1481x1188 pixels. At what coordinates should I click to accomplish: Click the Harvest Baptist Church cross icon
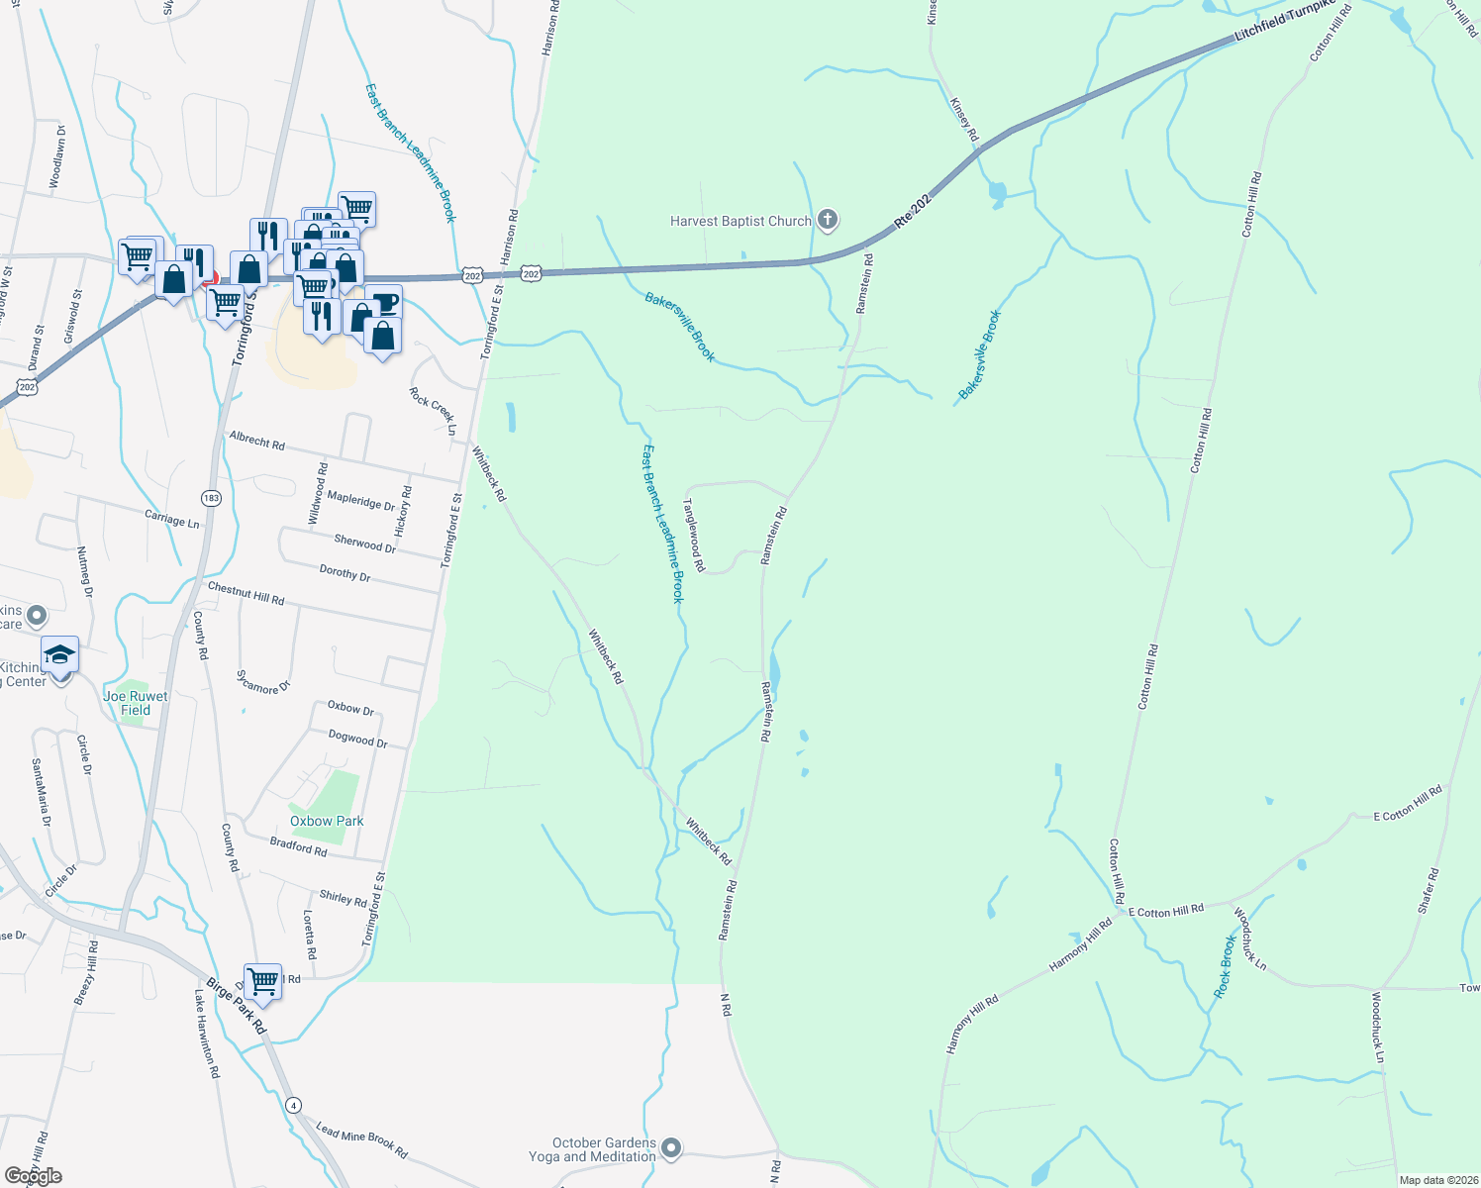point(829,220)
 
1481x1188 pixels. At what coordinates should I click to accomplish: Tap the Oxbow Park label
point(327,821)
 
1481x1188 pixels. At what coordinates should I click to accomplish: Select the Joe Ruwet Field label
point(136,703)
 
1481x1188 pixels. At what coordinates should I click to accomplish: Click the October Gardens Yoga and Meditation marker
point(672,1148)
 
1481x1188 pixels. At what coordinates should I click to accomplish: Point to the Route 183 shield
point(210,498)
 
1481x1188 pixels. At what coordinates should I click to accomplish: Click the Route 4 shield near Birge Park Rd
point(293,1104)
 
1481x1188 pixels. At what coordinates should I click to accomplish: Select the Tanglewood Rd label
point(694,535)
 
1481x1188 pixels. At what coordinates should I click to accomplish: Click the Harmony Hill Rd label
point(1081,944)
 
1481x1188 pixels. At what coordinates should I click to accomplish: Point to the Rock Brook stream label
point(1226,966)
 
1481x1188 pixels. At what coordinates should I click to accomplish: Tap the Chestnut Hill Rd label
point(246,594)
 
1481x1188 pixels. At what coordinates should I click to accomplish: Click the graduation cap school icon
point(59,655)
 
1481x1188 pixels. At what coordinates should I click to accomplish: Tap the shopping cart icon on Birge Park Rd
point(263,981)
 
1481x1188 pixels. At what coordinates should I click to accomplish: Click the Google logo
point(34,1176)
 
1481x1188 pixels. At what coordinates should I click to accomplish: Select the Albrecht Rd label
point(256,441)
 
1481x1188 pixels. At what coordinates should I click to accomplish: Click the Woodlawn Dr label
point(57,156)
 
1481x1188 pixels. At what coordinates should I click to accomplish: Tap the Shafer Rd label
point(1428,891)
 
